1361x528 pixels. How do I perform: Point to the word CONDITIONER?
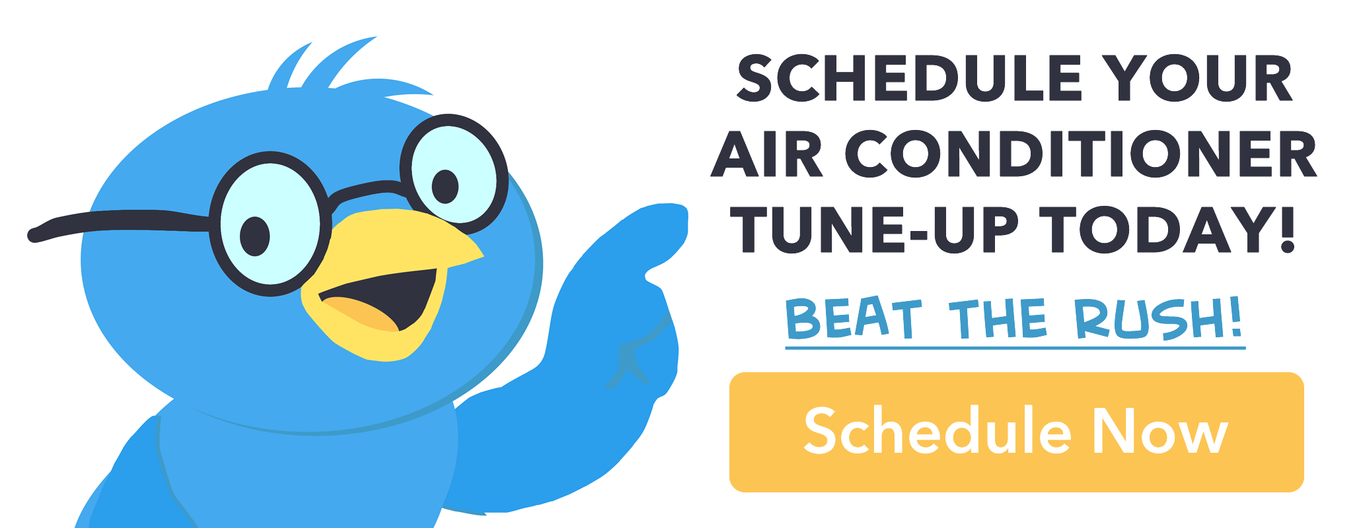(x=1081, y=155)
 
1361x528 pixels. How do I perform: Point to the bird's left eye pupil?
(x=255, y=235)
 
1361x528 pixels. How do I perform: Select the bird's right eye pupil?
(x=445, y=185)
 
